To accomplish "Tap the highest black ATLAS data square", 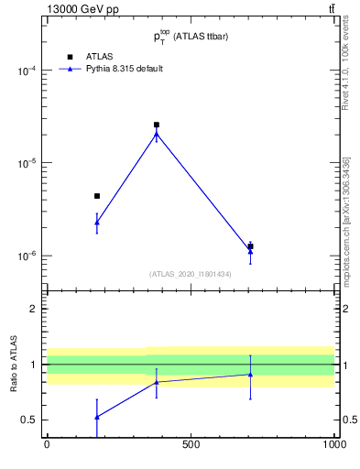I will click(x=157, y=125).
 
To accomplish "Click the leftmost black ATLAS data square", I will click(x=97, y=196).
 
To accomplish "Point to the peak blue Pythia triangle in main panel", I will click(x=157, y=136).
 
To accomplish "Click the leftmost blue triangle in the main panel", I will click(x=97, y=223).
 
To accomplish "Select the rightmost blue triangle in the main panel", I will click(x=250, y=250).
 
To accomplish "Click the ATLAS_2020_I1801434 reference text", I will click(x=191, y=274).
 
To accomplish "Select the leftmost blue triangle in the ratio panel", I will click(x=97, y=417).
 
